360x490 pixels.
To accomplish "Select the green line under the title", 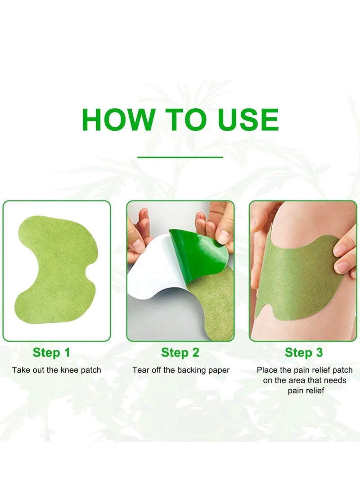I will coord(180,157).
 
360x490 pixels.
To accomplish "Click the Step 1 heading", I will coord(51,353).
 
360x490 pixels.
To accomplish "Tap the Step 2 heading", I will coord(180,353).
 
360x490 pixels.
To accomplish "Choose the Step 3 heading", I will coord(304,353).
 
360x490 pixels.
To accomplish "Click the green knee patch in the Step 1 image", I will coord(54,265).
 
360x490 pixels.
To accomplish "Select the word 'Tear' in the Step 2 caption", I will coord(140,370).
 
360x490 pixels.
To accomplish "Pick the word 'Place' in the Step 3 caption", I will coord(266,370).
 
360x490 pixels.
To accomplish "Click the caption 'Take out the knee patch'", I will coord(56,370).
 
